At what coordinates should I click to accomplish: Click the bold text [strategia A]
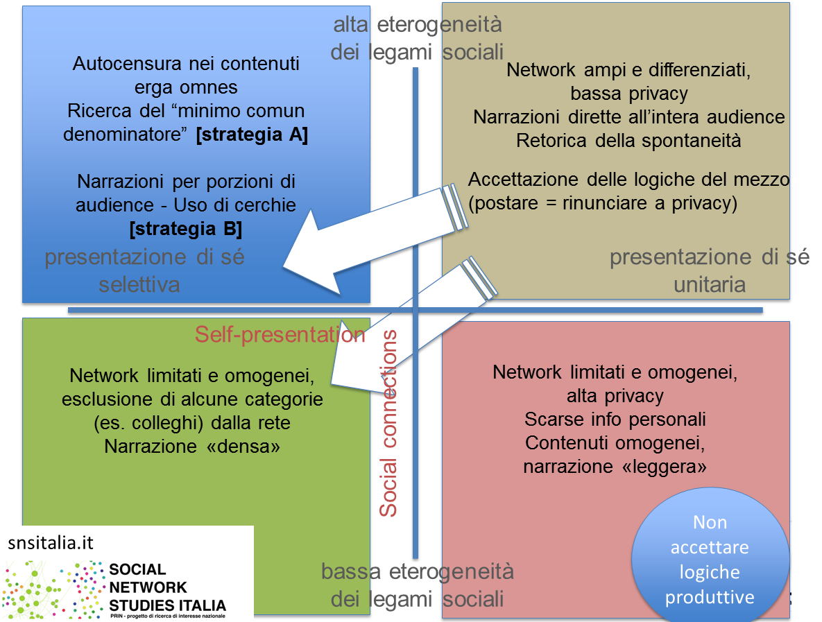click(252, 135)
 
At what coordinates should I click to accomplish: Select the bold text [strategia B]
click(185, 228)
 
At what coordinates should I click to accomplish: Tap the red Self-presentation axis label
click(280, 334)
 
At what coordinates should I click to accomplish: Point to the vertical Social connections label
click(388, 424)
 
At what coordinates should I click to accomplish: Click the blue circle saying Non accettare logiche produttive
click(710, 560)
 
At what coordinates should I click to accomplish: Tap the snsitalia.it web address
click(51, 543)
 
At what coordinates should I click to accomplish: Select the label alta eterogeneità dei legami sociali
click(416, 38)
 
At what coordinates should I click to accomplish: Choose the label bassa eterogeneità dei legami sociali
click(417, 585)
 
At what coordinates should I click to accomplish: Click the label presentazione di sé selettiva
click(144, 270)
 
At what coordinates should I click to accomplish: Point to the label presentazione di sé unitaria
click(709, 270)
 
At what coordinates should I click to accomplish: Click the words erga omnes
click(186, 88)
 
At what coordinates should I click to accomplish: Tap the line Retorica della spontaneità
click(628, 141)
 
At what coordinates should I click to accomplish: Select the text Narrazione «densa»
click(192, 447)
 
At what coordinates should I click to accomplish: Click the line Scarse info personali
click(615, 420)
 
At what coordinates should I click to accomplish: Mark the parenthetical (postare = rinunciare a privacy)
click(602, 204)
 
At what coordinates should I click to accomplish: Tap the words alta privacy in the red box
click(615, 396)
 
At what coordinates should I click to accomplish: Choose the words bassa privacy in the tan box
click(628, 94)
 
